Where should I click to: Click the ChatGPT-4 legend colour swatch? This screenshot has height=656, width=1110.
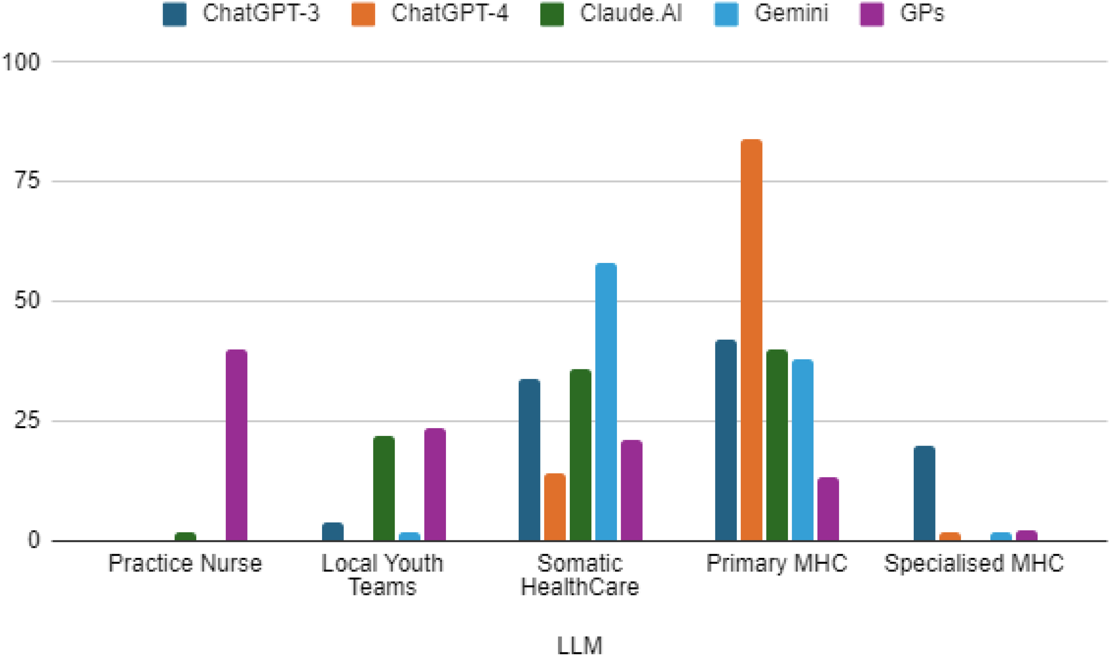click(x=363, y=14)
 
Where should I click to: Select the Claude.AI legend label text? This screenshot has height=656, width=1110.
click(x=631, y=13)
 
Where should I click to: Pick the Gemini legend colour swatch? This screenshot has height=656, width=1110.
click(x=726, y=14)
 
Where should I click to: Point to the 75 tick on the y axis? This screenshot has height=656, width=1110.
click(x=27, y=181)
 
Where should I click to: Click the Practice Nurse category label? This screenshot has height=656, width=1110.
click(x=185, y=563)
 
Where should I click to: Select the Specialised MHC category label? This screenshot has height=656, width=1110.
click(x=973, y=563)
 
